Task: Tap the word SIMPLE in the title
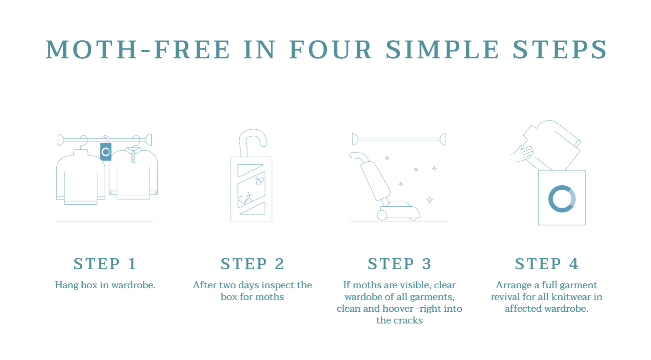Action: tap(443, 49)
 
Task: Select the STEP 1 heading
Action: tap(105, 264)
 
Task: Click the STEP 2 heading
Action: tap(252, 264)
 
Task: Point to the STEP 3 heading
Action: tap(400, 264)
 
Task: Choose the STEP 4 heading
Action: tap(547, 264)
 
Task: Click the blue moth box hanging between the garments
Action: tap(106, 152)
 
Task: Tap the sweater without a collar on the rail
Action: tap(81, 177)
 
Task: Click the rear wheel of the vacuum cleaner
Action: tap(382, 215)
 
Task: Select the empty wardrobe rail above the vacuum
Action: tap(399, 140)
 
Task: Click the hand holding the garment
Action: tap(523, 153)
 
